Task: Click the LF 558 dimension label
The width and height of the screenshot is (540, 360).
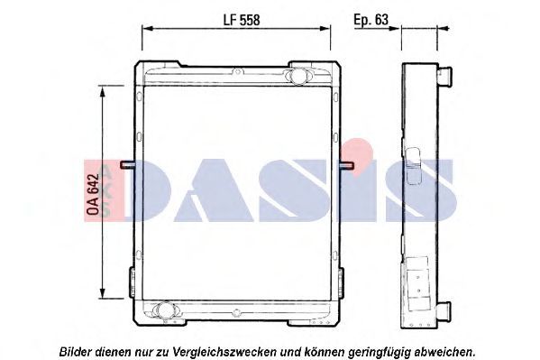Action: (242, 20)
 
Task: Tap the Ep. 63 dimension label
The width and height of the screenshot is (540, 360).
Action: (371, 20)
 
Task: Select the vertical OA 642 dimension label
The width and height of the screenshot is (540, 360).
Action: (93, 195)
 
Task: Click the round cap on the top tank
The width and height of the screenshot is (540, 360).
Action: (297, 75)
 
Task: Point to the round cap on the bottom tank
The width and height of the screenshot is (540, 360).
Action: (164, 309)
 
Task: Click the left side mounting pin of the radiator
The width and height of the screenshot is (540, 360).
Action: (127, 165)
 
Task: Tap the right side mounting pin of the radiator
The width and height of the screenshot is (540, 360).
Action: (347, 165)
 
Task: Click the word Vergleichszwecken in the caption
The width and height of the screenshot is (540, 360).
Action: (224, 352)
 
